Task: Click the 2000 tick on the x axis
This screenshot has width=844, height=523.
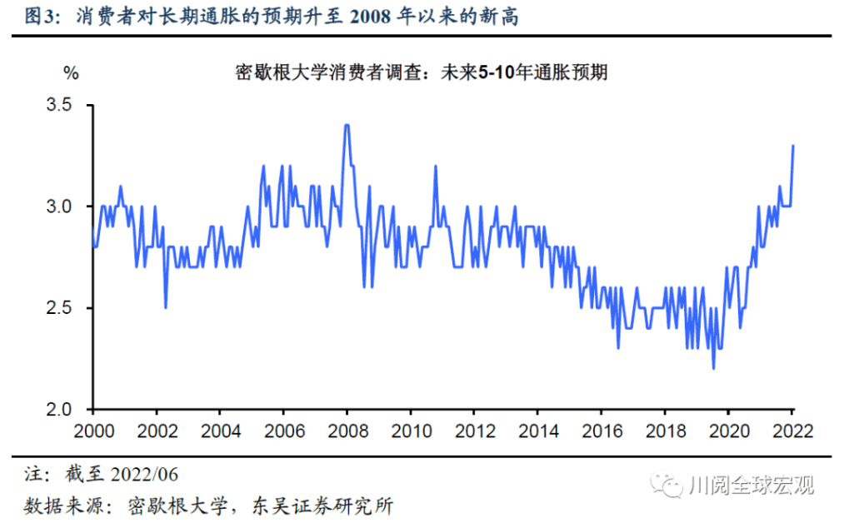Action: pos(92,432)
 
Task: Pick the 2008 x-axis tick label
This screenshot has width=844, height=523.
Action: pos(346,432)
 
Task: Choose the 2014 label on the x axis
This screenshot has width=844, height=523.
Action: pos(537,432)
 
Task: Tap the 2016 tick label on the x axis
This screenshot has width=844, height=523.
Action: pos(600,432)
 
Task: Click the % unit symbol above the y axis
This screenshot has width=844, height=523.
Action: pos(71,73)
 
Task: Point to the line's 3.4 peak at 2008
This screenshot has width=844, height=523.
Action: pos(347,126)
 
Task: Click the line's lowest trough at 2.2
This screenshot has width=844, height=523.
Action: pos(713,368)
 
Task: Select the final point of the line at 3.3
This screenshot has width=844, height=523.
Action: pos(792,146)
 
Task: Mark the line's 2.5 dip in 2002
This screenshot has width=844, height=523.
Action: pos(166,307)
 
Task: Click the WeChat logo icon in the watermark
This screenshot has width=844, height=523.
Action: pos(667,485)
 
